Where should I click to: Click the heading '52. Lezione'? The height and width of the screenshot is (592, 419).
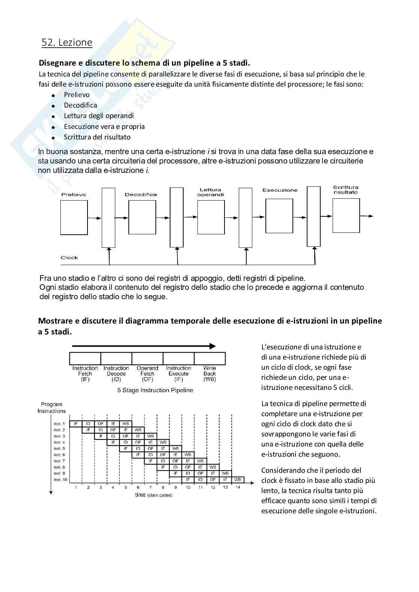[x=67, y=43]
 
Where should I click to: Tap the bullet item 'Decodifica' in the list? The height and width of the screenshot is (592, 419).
[x=80, y=105]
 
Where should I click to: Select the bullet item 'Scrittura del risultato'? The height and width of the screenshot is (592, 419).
[x=97, y=137]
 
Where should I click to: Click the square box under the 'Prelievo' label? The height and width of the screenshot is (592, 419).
[x=74, y=217]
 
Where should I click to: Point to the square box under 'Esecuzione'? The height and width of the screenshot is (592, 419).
[x=279, y=216]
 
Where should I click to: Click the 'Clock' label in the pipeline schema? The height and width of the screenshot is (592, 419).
[x=69, y=258]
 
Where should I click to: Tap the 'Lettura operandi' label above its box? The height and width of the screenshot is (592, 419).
[x=210, y=192]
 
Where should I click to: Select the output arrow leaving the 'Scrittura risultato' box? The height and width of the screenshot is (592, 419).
[x=366, y=216]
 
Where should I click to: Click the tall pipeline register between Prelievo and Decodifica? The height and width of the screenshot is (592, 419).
[x=109, y=217]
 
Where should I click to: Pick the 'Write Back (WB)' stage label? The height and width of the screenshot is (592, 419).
[x=209, y=373]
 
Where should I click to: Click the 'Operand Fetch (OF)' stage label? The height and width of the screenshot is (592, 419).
[x=147, y=373]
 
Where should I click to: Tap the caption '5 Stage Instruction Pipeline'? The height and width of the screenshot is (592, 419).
[x=155, y=390]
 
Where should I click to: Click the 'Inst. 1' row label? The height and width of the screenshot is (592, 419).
[x=59, y=424]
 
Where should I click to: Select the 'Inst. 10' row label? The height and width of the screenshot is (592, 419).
[x=60, y=480]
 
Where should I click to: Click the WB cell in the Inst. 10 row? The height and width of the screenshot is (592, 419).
[x=238, y=480]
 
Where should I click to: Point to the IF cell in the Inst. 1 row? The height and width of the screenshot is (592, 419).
[x=76, y=424]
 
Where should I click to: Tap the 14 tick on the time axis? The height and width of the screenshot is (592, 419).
[x=238, y=487]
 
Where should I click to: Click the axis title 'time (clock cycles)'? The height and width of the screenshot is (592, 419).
[x=154, y=495]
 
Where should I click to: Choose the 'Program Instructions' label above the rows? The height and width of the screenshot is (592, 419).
[x=51, y=408]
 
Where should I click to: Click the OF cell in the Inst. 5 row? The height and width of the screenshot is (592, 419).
[x=151, y=449]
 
